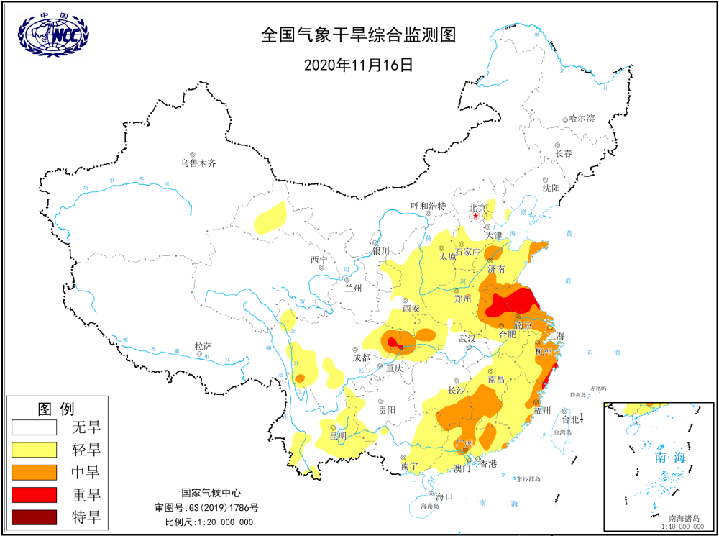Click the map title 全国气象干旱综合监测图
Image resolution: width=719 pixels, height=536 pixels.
coord(359,35)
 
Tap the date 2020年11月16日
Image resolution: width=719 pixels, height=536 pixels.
coord(359,64)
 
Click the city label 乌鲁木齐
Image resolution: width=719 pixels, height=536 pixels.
coord(198,163)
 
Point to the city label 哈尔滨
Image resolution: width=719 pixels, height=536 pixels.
coord(581,119)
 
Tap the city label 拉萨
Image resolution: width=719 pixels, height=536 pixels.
coord(203,347)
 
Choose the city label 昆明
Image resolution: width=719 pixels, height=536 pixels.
coord(338,436)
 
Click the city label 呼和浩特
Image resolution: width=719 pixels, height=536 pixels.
coord(429,206)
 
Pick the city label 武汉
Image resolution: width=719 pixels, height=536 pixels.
coord(467,339)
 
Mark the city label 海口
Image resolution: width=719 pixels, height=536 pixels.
coord(445,496)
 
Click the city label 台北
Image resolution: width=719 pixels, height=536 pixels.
coord(570,419)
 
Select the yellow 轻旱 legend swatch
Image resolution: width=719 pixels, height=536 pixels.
coord(34,450)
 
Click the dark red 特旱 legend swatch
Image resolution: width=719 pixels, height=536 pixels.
coord(34,517)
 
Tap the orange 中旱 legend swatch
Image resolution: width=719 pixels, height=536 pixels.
coord(34,472)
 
